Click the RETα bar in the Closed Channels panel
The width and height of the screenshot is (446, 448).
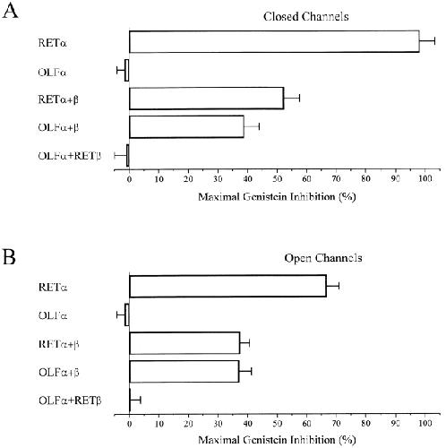pyautogui.click(x=274, y=41)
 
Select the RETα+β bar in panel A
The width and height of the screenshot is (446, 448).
pyautogui.click(x=206, y=99)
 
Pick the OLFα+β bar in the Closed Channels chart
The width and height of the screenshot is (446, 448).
pyautogui.click(x=186, y=126)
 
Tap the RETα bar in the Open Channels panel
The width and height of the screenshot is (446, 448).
pyautogui.click(x=227, y=286)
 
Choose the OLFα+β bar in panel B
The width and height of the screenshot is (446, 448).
pyautogui.click(x=184, y=372)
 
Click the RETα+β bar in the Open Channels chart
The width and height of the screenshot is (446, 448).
pyautogui.click(x=184, y=343)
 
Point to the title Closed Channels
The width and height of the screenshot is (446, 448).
pyautogui.click(x=306, y=16)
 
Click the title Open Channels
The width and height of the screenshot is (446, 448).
pyautogui.click(x=323, y=258)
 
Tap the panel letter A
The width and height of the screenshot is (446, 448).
pyautogui.click(x=10, y=11)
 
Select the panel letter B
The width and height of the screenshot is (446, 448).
pyautogui.click(x=9, y=256)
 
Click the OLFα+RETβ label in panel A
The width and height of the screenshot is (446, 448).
pyautogui.click(x=70, y=156)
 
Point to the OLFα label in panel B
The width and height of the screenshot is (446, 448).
pyautogui.click(x=53, y=315)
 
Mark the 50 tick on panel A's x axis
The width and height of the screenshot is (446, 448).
pyautogui.click(x=277, y=178)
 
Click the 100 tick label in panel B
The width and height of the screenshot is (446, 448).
pyautogui.click(x=425, y=423)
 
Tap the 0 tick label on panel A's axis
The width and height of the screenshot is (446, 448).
pyautogui.click(x=129, y=178)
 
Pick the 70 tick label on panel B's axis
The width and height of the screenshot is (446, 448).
pyautogui.click(x=336, y=423)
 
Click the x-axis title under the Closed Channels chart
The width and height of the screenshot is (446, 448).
pyautogui.click(x=277, y=197)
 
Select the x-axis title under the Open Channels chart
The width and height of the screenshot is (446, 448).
pyautogui.click(x=277, y=440)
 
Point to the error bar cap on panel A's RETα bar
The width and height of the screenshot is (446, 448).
pyautogui.click(x=434, y=41)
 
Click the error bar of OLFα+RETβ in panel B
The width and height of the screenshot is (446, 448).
pyautogui.click(x=135, y=400)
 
